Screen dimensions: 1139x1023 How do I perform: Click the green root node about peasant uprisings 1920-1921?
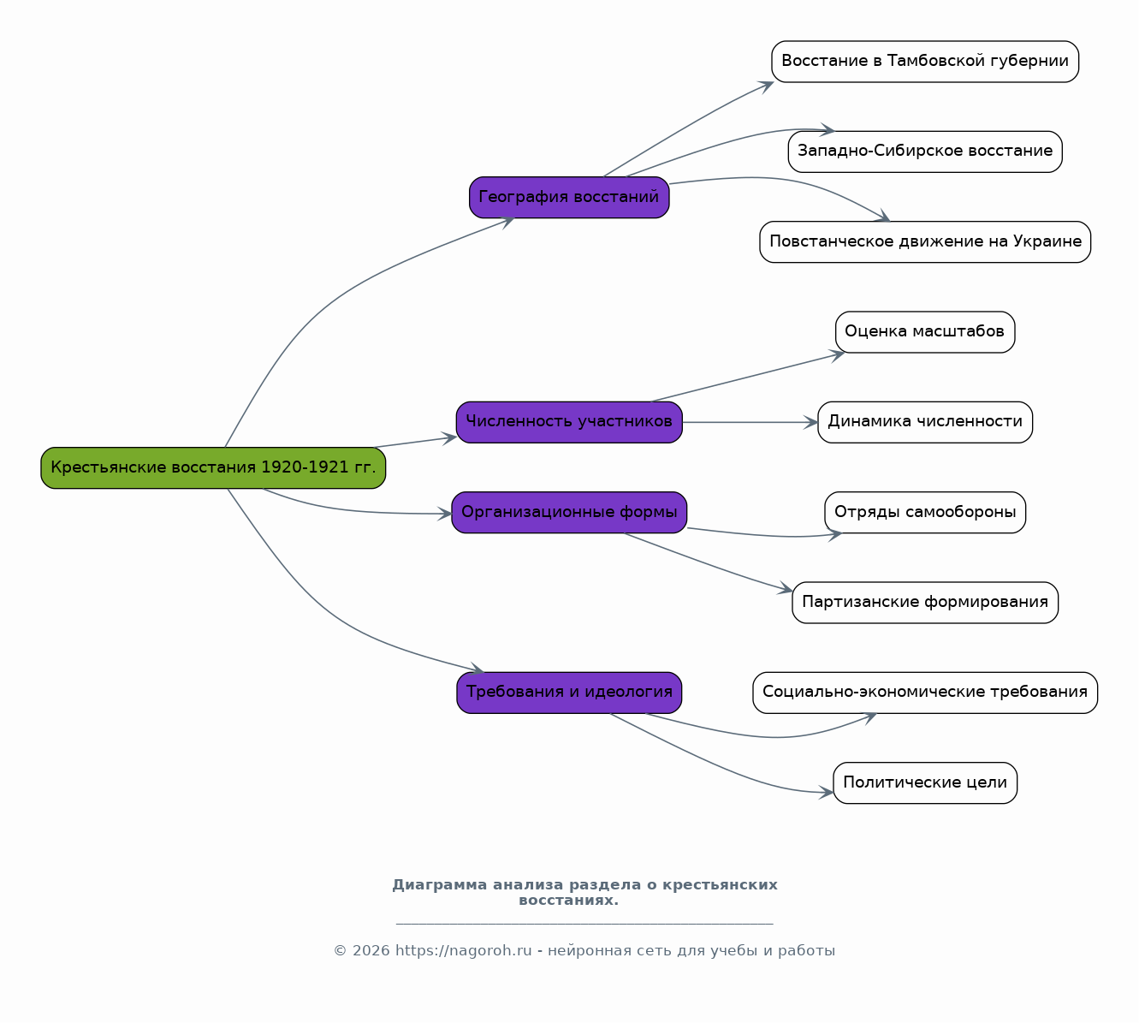[213, 468]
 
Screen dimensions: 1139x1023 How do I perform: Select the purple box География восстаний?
[569, 198]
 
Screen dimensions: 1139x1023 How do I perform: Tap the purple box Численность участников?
[569, 422]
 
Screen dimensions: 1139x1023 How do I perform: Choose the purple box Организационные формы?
[569, 512]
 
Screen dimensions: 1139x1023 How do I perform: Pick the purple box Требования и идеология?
[569, 693]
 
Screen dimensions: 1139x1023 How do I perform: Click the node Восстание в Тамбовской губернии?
[925, 62]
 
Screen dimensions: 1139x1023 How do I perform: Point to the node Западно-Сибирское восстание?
[925, 152]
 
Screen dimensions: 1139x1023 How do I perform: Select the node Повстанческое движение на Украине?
[925, 241]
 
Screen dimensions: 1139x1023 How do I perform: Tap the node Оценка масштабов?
[925, 332]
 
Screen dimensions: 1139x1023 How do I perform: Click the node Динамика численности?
[925, 422]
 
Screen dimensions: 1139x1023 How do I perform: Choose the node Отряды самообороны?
[925, 512]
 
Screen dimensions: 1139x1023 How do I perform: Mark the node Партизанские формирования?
[925, 603]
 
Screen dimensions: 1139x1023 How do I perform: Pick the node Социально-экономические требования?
[925, 693]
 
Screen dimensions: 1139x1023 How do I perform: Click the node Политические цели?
[925, 782]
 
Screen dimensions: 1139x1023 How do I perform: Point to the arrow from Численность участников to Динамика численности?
[750, 422]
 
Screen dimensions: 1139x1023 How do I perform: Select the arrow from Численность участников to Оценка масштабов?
[748, 378]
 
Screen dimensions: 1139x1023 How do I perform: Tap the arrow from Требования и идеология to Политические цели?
[720, 764]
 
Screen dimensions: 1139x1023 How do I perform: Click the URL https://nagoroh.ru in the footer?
[463, 951]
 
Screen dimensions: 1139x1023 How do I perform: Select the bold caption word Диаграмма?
[440, 885]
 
